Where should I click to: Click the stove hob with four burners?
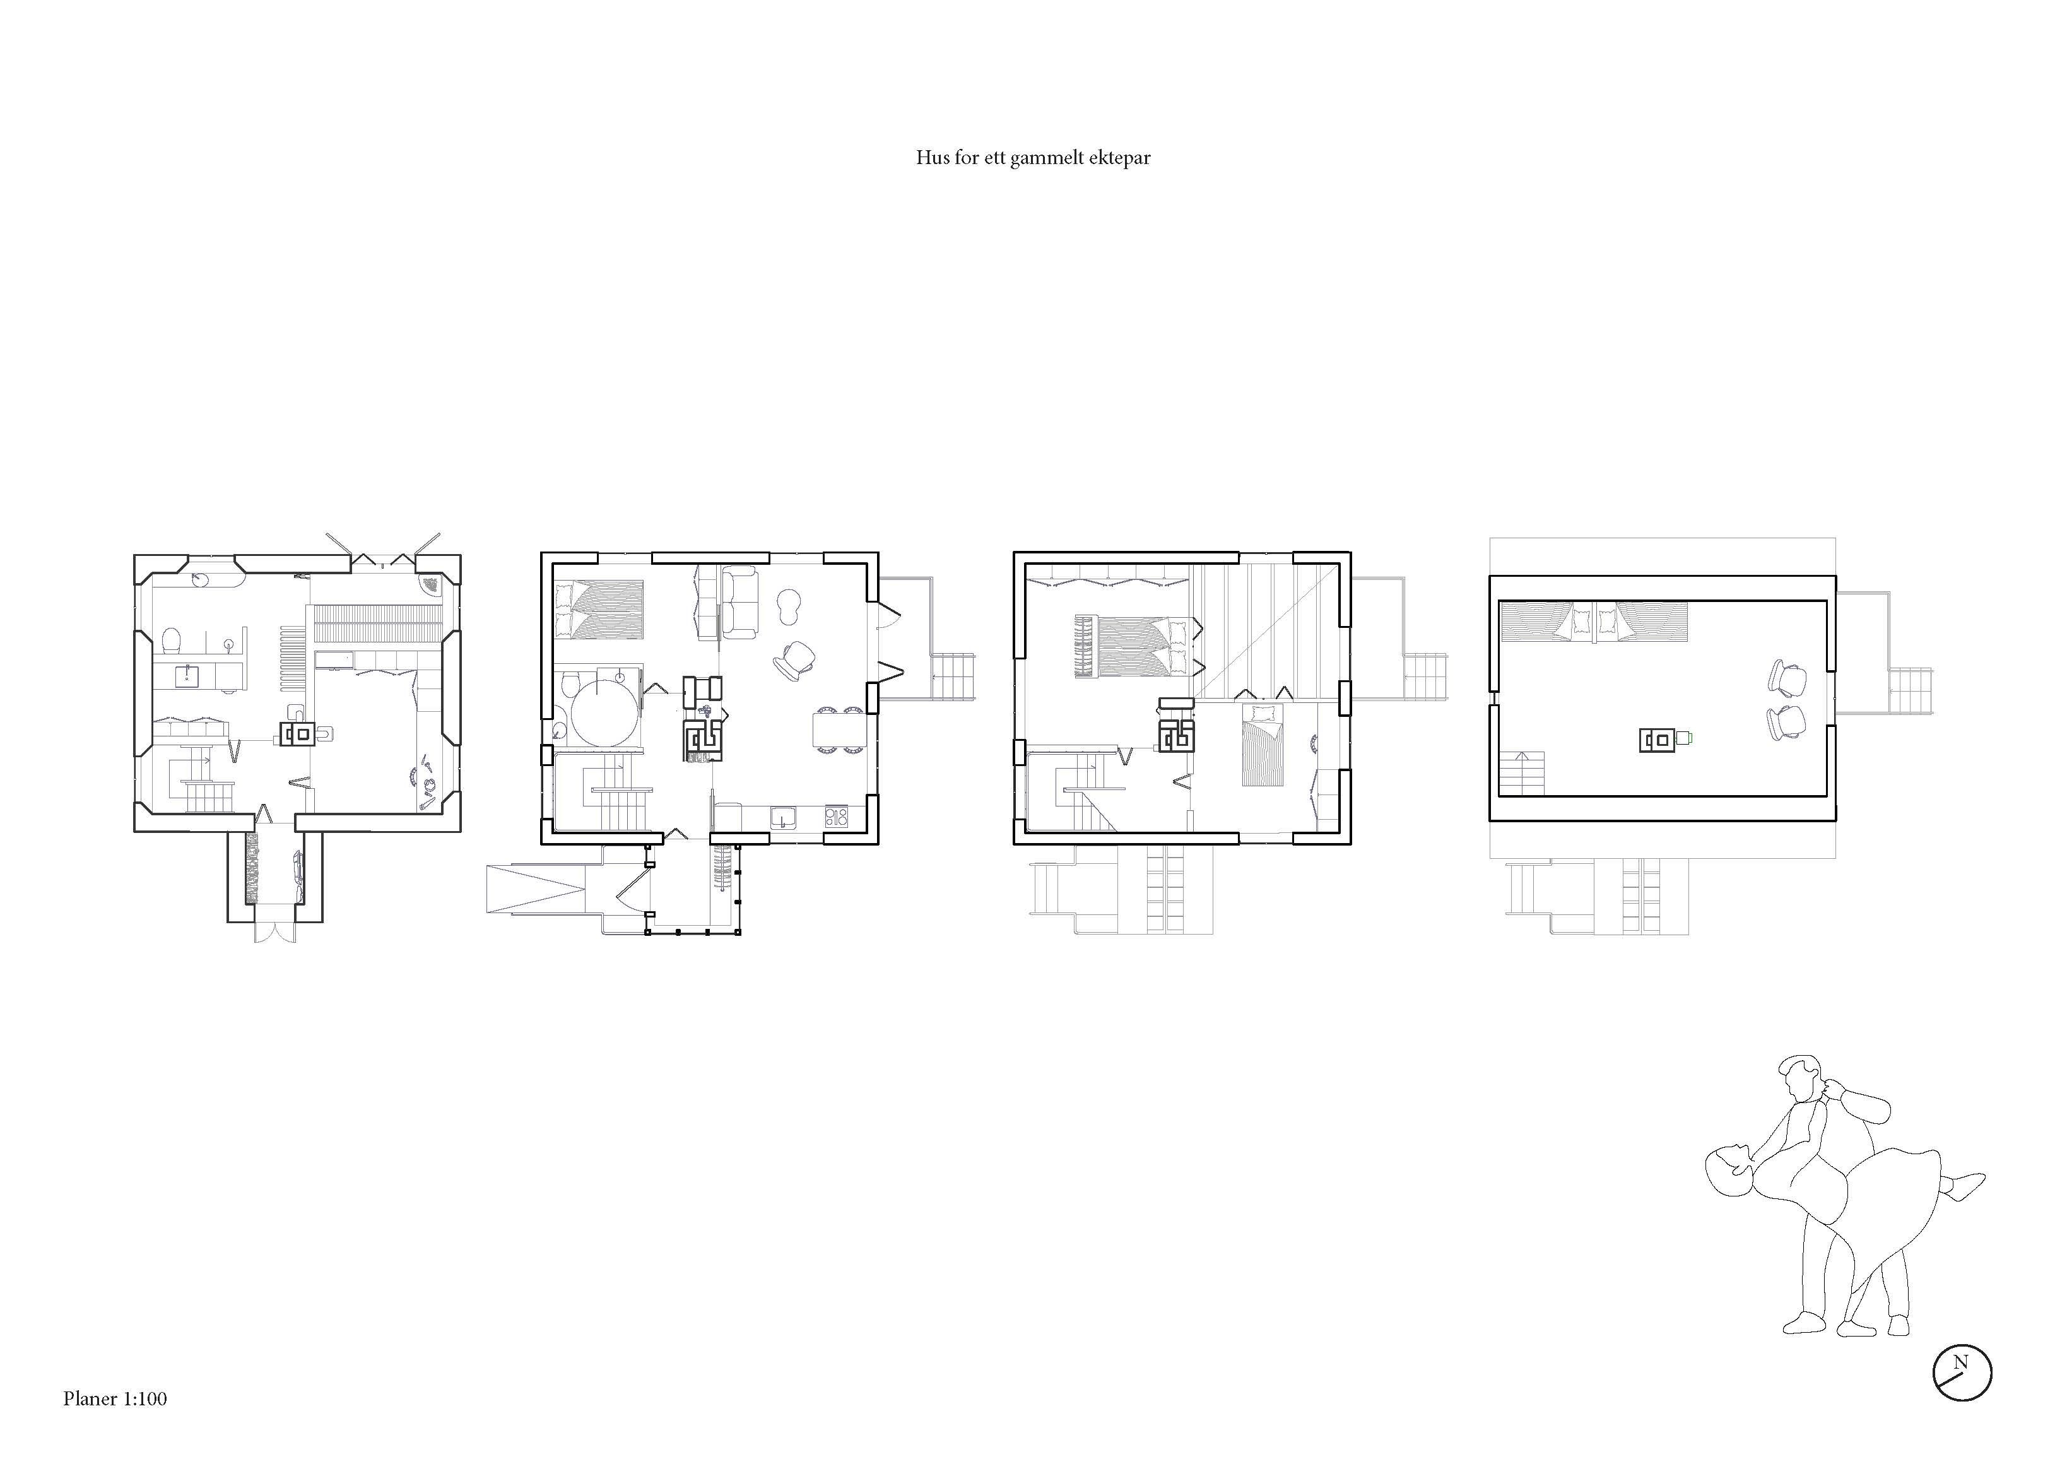[836, 816]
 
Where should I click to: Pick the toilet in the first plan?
[170, 641]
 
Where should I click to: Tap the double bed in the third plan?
[1135, 646]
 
